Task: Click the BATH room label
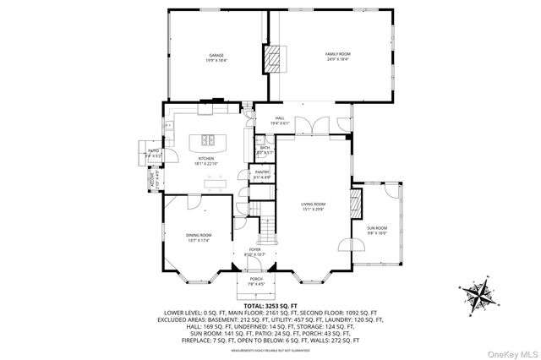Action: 265,150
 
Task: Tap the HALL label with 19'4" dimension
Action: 279,120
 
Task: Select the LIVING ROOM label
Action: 314,205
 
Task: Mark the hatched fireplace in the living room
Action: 356,203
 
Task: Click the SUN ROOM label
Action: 376,229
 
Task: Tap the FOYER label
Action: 254,251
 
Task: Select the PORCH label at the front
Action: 255,281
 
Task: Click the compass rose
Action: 481,297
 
